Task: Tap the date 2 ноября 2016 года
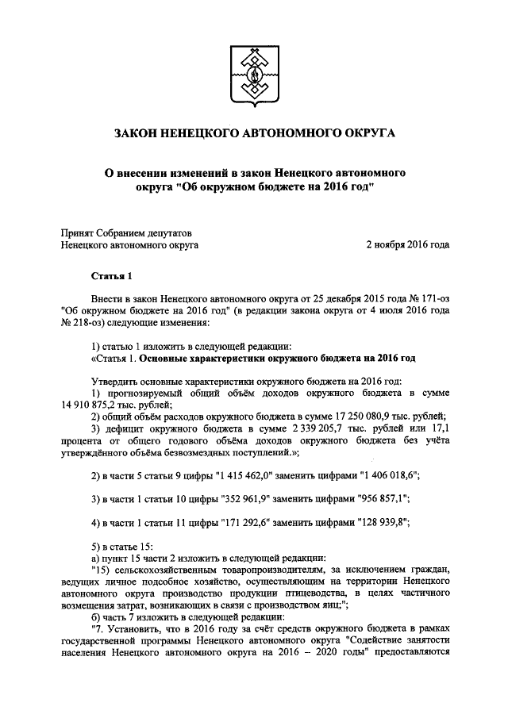pos(407,245)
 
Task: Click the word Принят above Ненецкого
pos(79,232)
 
